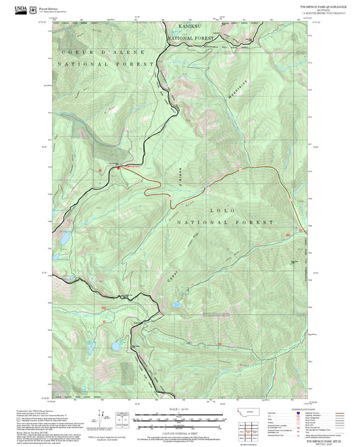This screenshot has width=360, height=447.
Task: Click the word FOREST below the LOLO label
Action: click(257, 221)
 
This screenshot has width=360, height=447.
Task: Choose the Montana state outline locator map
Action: click(245, 412)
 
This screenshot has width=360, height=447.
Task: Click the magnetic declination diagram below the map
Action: click(122, 419)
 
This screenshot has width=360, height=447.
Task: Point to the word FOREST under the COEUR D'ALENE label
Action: click(109, 63)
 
